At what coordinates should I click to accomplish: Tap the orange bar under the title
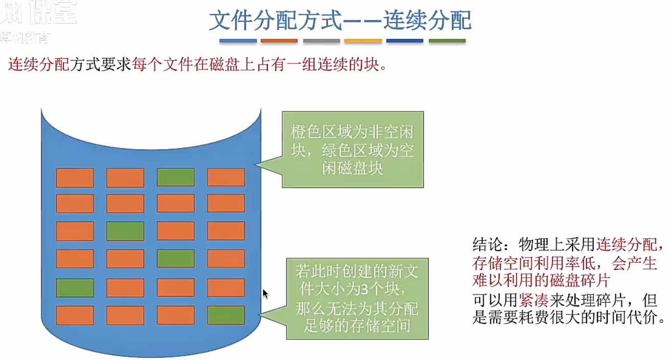279,41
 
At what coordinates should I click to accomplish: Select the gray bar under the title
321,41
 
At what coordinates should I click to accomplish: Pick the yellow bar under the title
363,41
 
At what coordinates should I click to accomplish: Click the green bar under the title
447,41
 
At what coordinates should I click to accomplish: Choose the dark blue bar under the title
405,41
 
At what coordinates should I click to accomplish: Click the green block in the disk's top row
176,177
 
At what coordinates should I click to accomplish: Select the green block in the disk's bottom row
226,315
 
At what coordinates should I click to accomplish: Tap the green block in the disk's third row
125,231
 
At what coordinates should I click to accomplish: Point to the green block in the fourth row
176,258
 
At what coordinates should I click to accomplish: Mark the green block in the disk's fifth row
75,288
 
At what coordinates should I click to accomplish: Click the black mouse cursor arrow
265,294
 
